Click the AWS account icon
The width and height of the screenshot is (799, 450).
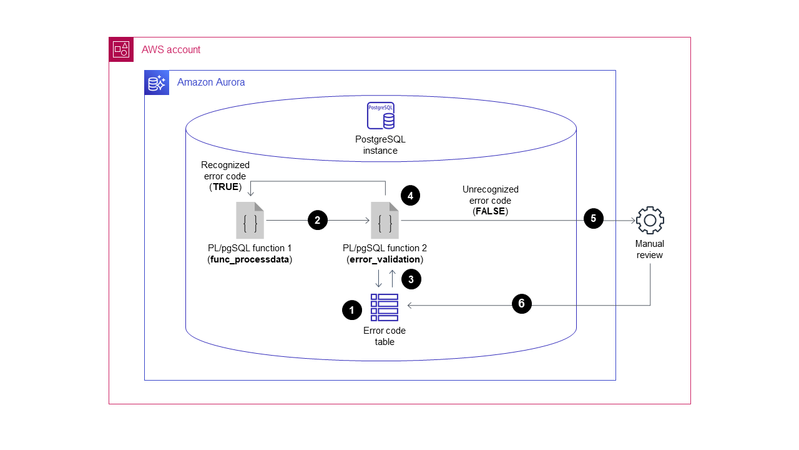coord(121,49)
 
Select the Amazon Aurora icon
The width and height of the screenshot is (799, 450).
coord(157,82)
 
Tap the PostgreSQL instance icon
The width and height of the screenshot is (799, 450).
coord(380,116)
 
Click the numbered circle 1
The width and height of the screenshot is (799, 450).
coord(352,310)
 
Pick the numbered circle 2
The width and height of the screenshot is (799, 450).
coord(317,220)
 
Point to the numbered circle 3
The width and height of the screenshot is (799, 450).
coord(411,279)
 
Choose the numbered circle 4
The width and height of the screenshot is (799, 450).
coord(410,196)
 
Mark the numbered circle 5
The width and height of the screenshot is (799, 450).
coord(593,219)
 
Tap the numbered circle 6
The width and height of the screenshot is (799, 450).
coord(521,304)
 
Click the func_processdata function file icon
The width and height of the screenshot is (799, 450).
coord(250,221)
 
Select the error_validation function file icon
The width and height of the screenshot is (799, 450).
coord(385,221)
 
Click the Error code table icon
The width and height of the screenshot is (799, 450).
coord(385,307)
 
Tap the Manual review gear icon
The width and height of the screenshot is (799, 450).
coord(650,220)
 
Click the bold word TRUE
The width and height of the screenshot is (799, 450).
coord(225,187)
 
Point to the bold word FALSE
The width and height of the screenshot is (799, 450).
coord(491,212)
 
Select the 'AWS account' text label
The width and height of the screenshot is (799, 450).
coord(171,50)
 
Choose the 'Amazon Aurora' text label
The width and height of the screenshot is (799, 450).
coord(211,82)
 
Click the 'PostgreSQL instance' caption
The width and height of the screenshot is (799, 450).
coord(380,145)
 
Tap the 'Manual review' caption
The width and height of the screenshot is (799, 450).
coord(649,249)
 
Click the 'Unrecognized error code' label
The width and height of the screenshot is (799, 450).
coord(490,195)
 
